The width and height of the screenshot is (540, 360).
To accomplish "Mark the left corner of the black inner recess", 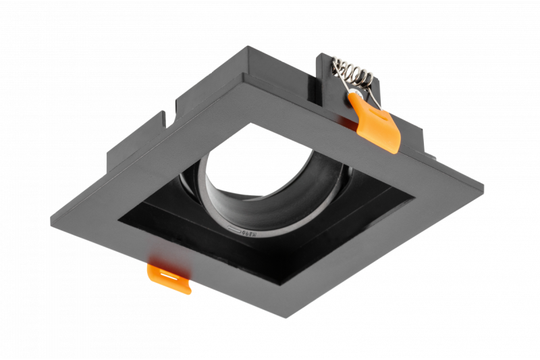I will pos(119,218).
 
